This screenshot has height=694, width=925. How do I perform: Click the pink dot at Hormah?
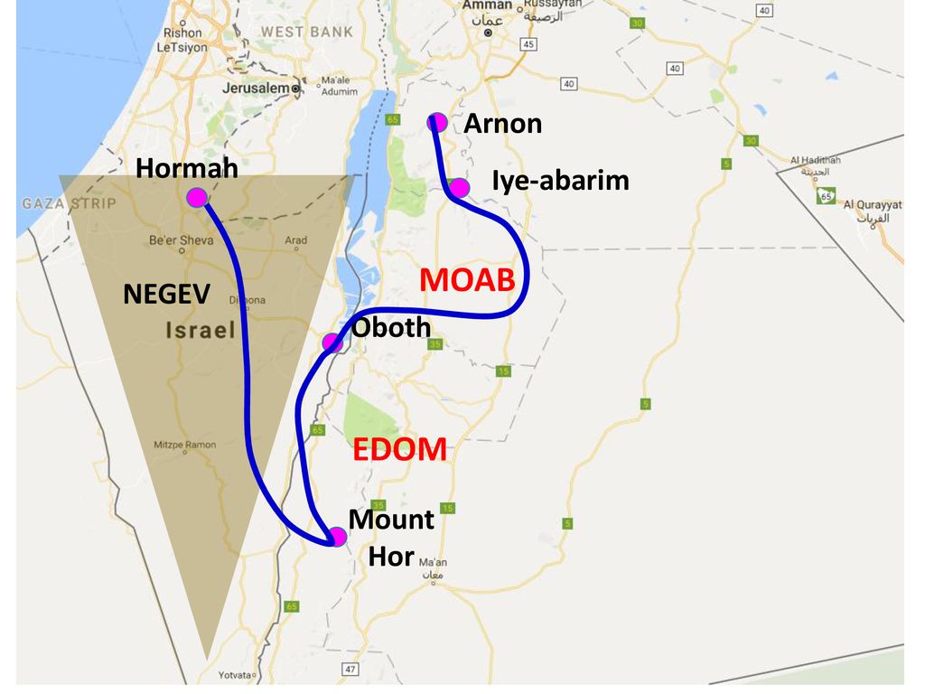click(x=196, y=198)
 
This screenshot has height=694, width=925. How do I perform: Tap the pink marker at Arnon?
click(x=437, y=122)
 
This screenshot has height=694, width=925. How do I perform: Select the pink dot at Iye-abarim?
click(x=459, y=188)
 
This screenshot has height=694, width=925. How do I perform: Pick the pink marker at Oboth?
click(x=332, y=342)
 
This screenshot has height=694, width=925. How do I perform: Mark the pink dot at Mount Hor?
click(x=337, y=537)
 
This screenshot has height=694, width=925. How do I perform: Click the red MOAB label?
click(x=467, y=280)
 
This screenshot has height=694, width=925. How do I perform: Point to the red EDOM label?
click(x=399, y=449)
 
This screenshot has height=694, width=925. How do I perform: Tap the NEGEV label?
click(x=167, y=294)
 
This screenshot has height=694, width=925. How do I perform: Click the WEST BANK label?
click(x=295, y=32)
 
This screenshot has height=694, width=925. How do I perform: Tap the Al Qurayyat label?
click(x=872, y=205)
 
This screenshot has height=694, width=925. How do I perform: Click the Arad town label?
click(x=295, y=240)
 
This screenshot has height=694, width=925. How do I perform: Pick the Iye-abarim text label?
click(x=560, y=181)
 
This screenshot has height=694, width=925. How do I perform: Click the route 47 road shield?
click(x=350, y=669)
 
